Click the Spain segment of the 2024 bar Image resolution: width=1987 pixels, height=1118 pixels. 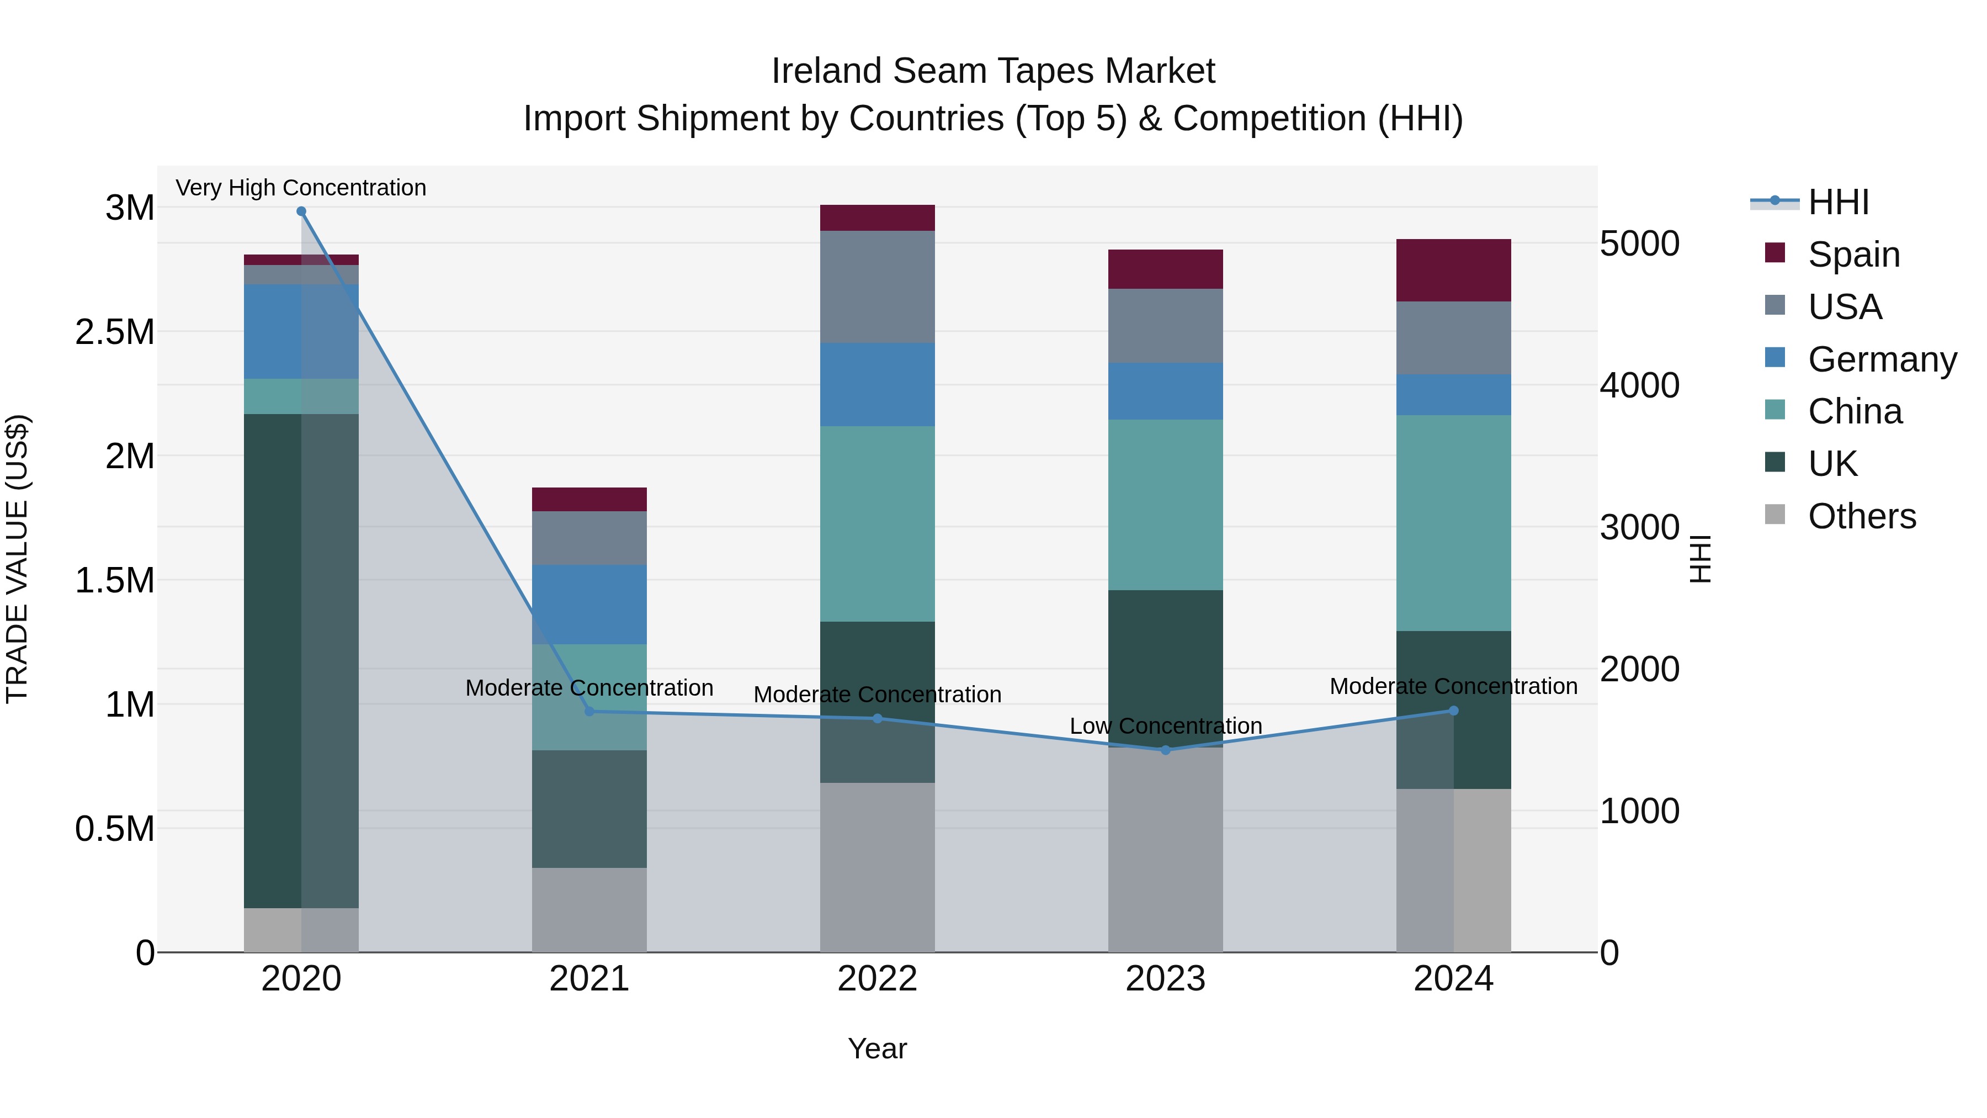1453,270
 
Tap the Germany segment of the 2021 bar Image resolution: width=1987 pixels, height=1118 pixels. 589,604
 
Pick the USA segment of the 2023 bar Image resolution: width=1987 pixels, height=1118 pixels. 1166,326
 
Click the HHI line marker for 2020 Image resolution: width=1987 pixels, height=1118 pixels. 301,211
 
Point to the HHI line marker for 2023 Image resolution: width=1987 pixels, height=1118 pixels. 1166,750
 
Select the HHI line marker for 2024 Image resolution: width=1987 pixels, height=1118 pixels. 1453,711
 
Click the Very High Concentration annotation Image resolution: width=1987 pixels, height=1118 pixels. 301,188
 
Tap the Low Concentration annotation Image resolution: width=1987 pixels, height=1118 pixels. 1166,726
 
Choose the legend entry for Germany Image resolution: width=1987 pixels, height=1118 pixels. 1882,359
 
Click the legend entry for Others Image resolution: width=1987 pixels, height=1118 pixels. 1861,516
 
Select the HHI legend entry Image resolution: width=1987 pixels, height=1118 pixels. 1838,202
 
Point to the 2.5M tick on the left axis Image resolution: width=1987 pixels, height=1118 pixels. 114,332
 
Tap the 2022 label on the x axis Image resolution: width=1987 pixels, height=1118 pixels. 877,979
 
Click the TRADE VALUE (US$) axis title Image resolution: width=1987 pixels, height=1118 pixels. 17,559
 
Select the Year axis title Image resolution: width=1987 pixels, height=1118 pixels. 877,1048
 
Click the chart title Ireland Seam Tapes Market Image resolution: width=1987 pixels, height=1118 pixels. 993,71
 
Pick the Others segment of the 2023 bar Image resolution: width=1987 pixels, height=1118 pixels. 1166,849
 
